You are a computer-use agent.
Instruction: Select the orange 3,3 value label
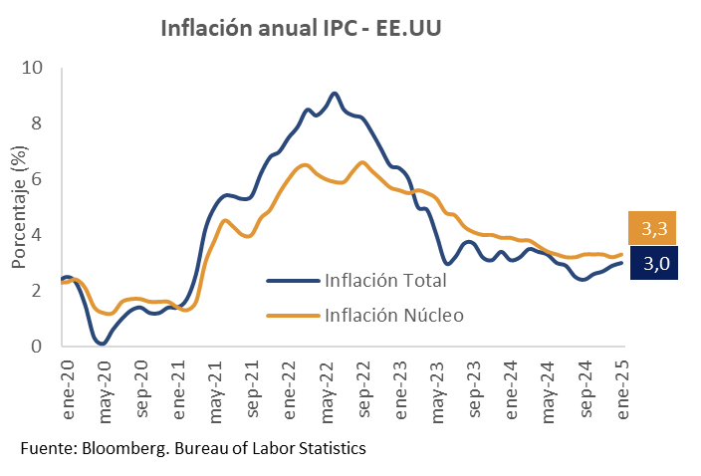pos(653,229)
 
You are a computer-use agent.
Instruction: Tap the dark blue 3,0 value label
pos(653,264)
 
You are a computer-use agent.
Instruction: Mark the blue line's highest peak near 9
pos(334,94)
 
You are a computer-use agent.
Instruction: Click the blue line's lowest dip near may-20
pos(103,344)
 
